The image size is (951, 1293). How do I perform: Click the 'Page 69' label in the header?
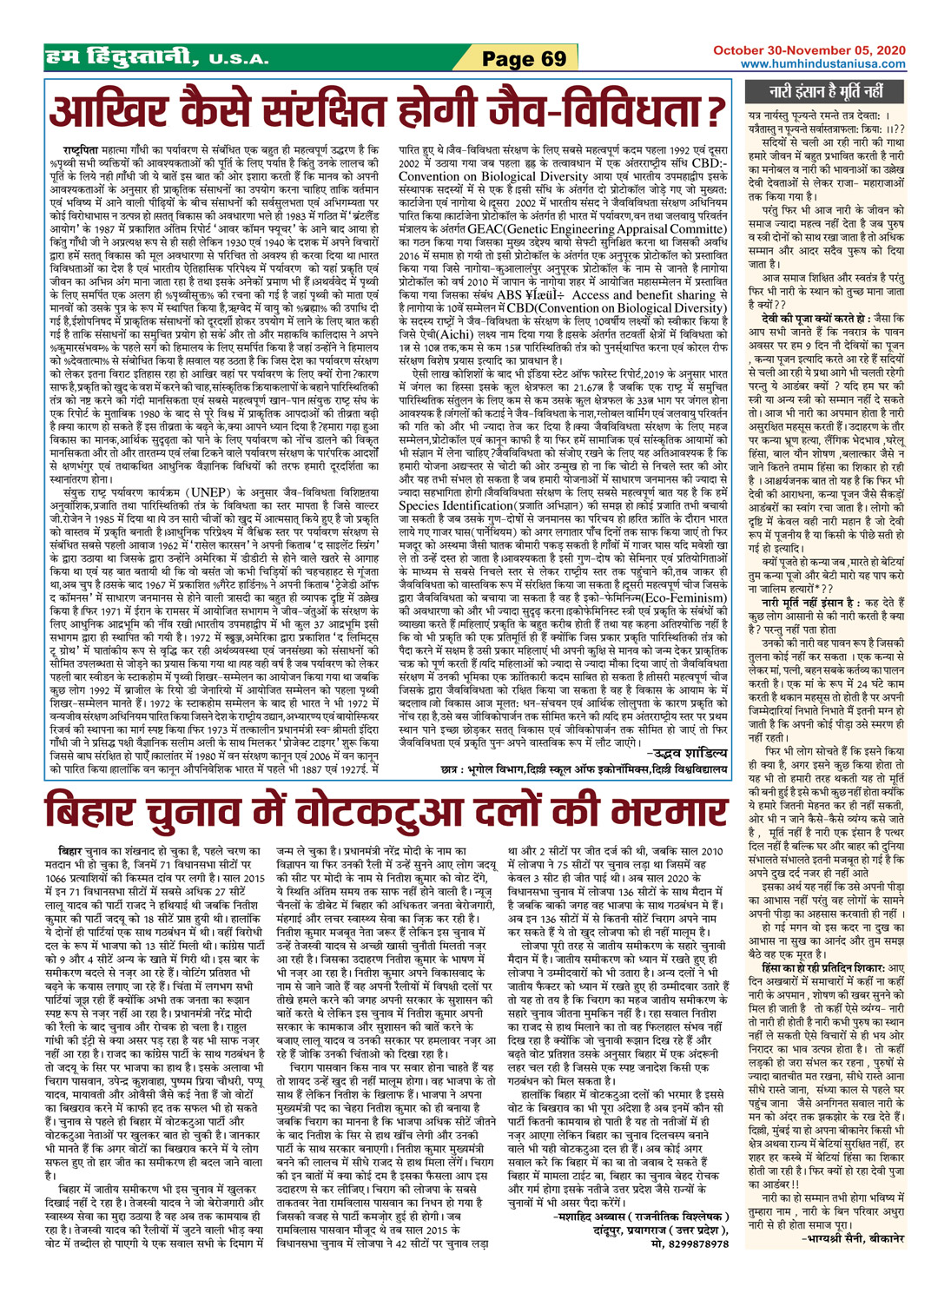tap(525, 59)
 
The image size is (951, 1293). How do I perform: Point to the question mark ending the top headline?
tap(715, 112)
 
